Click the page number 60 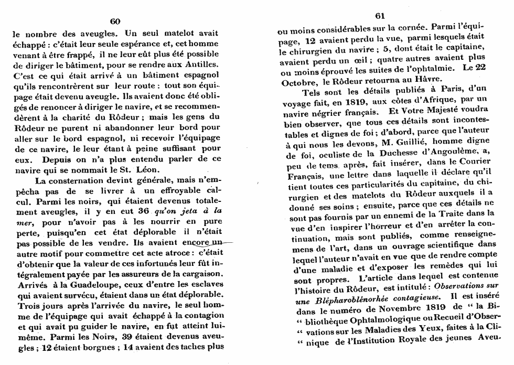pos(115,21)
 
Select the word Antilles pos(201,65)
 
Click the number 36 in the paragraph pos(143,210)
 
